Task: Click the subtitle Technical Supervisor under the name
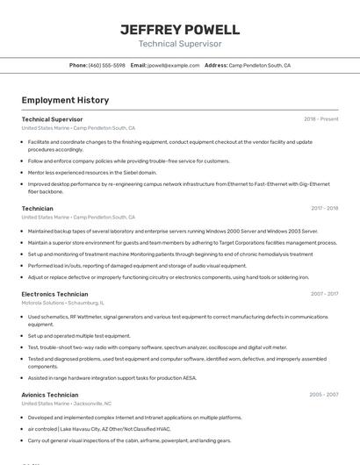tap(180, 44)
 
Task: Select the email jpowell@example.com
tap(173, 65)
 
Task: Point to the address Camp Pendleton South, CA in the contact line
tap(259, 65)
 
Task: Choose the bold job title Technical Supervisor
tap(52, 119)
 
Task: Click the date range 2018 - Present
tap(320, 119)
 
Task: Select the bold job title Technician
tap(37, 209)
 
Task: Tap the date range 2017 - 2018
tap(324, 209)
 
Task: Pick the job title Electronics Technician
tap(54, 294)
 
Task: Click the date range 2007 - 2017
tap(324, 294)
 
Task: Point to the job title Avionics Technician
tap(50, 395)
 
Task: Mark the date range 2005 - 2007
tap(323, 395)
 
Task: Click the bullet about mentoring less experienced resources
tap(92, 173)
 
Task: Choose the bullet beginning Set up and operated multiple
tap(79, 335)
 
